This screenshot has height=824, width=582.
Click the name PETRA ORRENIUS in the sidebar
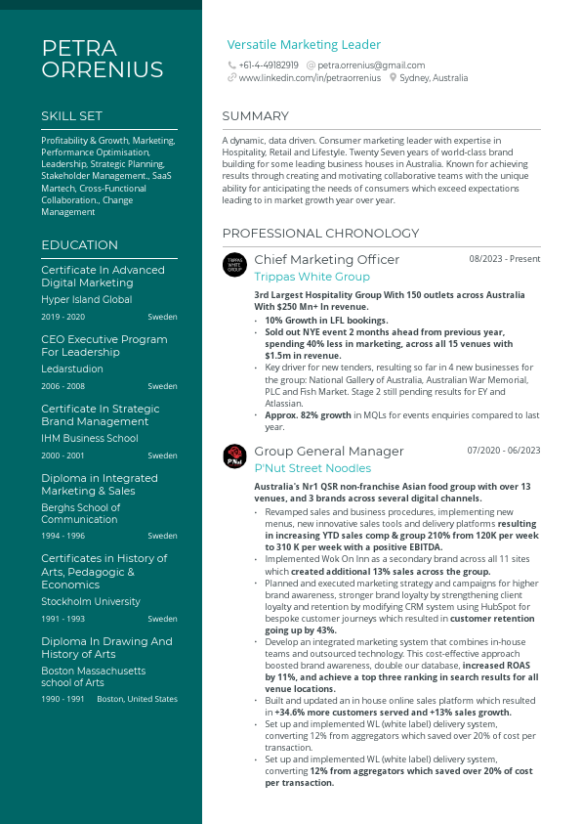point(102,59)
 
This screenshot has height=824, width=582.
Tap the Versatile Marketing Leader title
point(304,45)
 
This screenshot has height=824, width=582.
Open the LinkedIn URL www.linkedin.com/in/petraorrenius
point(310,77)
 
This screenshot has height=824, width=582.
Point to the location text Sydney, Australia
point(434,77)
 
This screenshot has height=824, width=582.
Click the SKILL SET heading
point(71,116)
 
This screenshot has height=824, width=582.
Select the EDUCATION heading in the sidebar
point(79,245)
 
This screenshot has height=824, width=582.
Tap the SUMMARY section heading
point(255,116)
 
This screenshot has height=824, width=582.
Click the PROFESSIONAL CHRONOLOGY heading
point(320,234)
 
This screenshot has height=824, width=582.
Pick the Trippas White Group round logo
point(235,264)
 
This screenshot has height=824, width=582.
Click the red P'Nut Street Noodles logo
point(235,455)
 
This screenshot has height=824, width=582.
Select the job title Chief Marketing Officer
point(326,259)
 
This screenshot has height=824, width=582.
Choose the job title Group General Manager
point(328,451)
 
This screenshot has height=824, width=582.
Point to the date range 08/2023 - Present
point(504,259)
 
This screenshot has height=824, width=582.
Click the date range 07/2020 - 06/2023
point(503,451)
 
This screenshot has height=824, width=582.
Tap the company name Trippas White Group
point(312,277)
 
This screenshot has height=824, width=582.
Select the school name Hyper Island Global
point(86,300)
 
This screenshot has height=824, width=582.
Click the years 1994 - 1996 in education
point(62,536)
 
